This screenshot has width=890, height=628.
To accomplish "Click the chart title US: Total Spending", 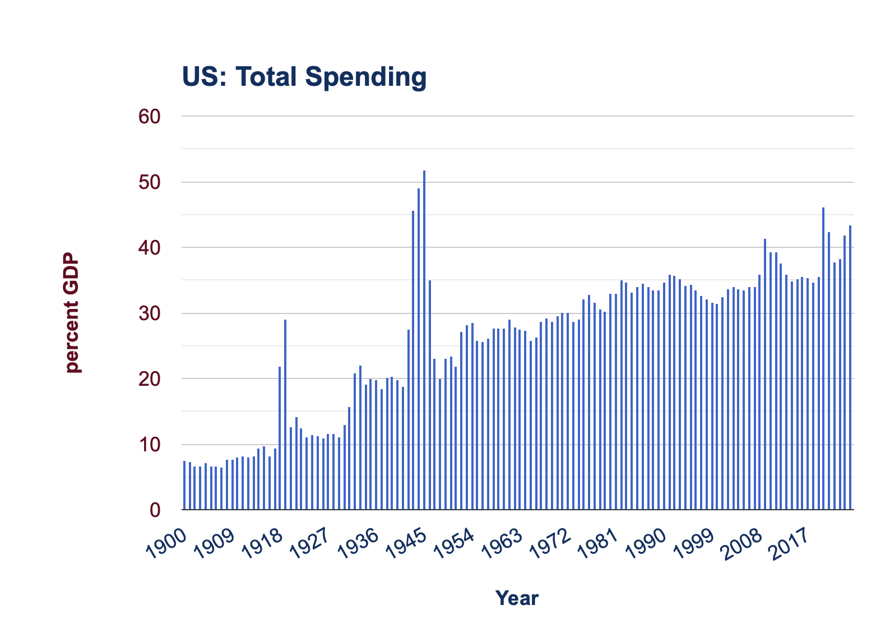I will pyautogui.click(x=304, y=77).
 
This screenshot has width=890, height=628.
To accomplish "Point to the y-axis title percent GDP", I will pyautogui.click(x=72, y=313).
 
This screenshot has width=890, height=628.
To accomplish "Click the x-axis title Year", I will pyautogui.click(x=517, y=598).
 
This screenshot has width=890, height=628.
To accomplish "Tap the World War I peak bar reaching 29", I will pyautogui.click(x=285, y=414).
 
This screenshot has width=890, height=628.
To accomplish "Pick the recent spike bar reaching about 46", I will pyautogui.click(x=823, y=359).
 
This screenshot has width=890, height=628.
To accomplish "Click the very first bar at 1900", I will pyautogui.click(x=184, y=485).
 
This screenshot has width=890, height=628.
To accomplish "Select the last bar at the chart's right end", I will pyautogui.click(x=850, y=367).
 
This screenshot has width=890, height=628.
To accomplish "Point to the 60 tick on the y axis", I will pyautogui.click(x=149, y=117).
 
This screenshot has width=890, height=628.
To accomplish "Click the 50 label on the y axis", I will pyautogui.click(x=149, y=182).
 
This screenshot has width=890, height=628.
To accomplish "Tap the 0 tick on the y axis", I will pyautogui.click(x=155, y=510).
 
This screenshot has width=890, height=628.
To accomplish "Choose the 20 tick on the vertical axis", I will pyautogui.click(x=149, y=379).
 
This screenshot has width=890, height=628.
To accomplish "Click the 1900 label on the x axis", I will pyautogui.click(x=166, y=544).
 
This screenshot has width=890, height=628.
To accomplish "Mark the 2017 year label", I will pyautogui.click(x=790, y=544).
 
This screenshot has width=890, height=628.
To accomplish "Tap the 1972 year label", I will pyautogui.click(x=550, y=544).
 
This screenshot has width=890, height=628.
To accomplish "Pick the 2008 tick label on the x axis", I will pyautogui.click(x=743, y=544).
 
